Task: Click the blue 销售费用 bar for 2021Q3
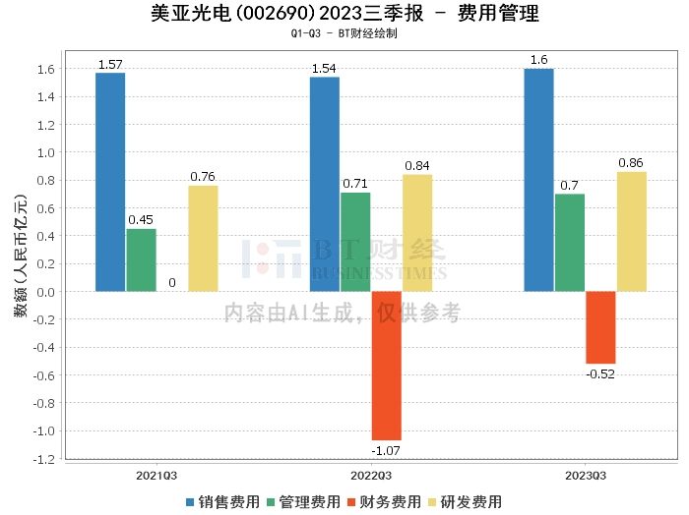tap(110, 182)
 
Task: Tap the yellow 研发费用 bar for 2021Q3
tap(203, 238)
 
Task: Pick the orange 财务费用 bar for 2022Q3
tap(386, 366)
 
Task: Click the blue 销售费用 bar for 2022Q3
tap(324, 184)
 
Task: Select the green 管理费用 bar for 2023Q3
tap(569, 243)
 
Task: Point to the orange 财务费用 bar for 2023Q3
tap(600, 327)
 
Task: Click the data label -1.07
tap(386, 450)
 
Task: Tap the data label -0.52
tap(600, 373)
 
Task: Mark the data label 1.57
tap(110, 65)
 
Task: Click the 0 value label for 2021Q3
tap(172, 283)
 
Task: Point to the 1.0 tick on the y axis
tap(45, 152)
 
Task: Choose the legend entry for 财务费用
tap(386, 501)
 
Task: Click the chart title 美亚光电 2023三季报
tap(344, 14)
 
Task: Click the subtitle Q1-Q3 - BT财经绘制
tap(344, 33)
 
